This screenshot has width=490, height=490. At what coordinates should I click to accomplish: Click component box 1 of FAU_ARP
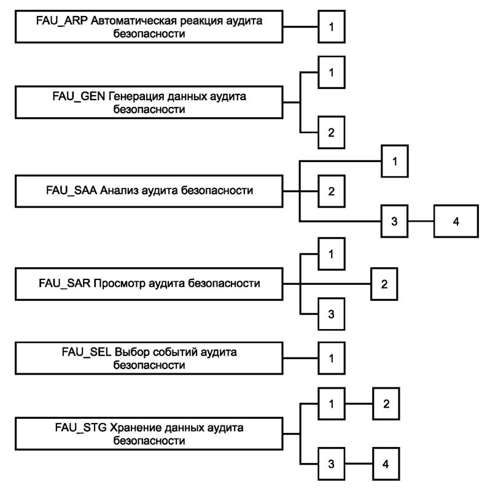(331, 28)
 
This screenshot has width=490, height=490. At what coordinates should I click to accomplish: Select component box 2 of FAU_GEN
(331, 133)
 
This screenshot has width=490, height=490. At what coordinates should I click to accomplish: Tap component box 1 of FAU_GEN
(331, 72)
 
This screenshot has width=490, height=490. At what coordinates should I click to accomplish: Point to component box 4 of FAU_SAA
(456, 220)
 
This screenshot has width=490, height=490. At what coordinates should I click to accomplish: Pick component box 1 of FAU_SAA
(395, 161)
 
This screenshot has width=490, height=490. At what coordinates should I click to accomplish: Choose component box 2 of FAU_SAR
(384, 284)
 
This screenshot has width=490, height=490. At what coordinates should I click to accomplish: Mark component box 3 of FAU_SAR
(331, 314)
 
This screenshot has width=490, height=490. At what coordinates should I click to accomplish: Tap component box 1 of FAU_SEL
(331, 359)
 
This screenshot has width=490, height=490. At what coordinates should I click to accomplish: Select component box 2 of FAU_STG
(386, 404)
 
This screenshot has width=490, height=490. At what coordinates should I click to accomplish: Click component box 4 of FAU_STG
(386, 464)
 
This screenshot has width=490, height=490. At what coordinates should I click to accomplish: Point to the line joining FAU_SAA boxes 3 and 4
(422, 220)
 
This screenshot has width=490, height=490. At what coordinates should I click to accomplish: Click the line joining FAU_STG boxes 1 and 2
(359, 404)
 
